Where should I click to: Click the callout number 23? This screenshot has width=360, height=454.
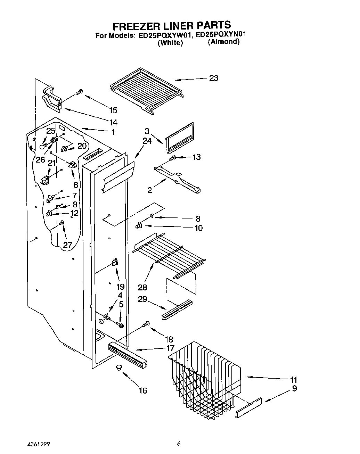213,78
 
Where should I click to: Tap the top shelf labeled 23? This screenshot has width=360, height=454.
146,89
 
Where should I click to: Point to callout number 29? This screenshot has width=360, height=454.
142,299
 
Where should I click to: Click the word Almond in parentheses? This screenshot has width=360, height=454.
224,42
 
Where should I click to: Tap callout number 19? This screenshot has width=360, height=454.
121,287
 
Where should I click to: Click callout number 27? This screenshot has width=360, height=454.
67,245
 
